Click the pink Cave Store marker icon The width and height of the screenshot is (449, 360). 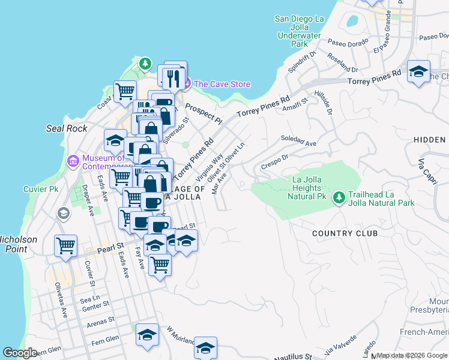186,84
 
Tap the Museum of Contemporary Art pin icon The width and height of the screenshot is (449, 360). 73,161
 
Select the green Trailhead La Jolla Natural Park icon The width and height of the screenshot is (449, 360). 339,197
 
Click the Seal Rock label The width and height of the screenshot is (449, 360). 67,128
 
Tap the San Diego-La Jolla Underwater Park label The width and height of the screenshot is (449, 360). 299,31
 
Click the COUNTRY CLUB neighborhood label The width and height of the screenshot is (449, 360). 345,233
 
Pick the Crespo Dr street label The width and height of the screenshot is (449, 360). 274,160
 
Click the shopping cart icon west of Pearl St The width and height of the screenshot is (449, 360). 65,245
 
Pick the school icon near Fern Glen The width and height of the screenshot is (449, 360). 147,335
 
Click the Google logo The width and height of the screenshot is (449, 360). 20,353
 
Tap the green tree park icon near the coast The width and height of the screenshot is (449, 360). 145,63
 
